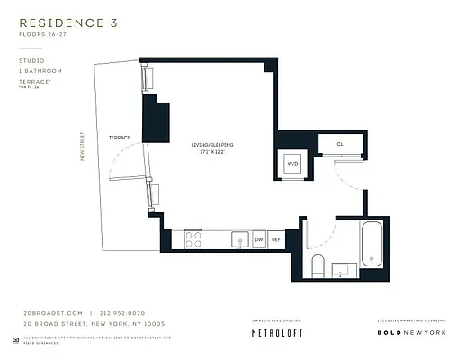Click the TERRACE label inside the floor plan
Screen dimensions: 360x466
pos(120,138)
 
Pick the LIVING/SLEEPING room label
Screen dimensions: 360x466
pos(213,145)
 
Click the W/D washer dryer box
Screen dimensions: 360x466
pos(292,164)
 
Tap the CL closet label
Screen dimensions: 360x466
pos(340,144)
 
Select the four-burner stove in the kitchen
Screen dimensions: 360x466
pos(193,239)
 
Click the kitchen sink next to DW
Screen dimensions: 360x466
pos(239,239)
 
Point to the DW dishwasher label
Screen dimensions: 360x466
pos(258,240)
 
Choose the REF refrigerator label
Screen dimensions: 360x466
pos(276,240)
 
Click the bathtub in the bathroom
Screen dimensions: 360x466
pos(372,244)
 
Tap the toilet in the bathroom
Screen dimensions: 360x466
pos(317,265)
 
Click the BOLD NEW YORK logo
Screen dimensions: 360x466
pos(410,332)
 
